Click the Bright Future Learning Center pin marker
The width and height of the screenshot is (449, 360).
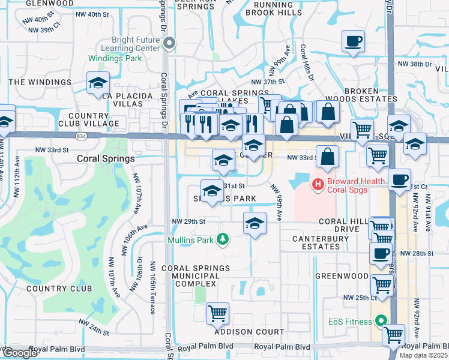point(170,43)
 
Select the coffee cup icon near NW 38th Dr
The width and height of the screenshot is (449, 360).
point(353,42)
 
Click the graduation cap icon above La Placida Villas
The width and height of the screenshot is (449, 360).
point(97,84)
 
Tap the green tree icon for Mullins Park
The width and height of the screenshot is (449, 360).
point(223,239)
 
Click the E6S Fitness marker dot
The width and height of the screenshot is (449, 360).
point(380,322)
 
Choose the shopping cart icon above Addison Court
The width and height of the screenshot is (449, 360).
point(217,313)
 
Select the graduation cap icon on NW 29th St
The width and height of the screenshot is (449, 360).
point(255,223)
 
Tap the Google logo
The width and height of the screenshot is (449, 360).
point(20,353)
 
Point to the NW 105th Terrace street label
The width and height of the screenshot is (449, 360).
point(153,288)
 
